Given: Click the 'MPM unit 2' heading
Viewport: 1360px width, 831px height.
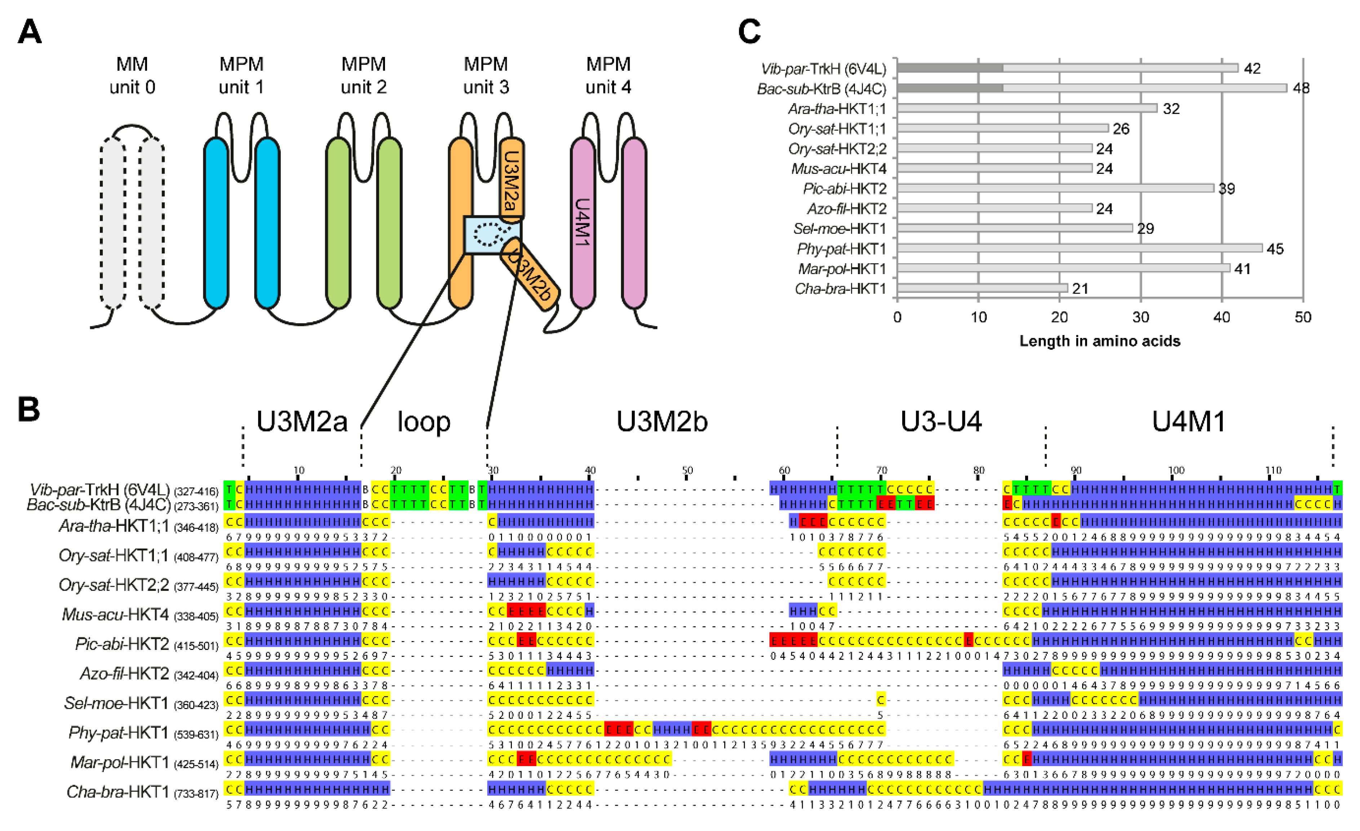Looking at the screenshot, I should click(363, 76).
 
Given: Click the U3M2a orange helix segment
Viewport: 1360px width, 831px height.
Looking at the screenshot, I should click(511, 180).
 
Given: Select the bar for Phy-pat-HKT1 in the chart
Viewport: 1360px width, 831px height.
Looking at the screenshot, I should click(1079, 249).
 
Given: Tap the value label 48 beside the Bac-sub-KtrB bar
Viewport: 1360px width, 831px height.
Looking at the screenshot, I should click(1301, 88).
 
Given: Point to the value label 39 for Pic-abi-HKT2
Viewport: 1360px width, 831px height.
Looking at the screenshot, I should click(1226, 189).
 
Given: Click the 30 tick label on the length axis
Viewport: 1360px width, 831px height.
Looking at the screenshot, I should click(1140, 317).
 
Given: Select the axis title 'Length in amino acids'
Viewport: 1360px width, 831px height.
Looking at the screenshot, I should click(1099, 341).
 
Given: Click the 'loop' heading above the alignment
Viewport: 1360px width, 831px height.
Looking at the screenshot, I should click(424, 422).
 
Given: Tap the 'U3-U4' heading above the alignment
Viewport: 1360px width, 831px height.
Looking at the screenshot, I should click(941, 422).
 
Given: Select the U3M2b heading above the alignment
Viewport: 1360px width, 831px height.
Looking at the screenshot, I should click(662, 422).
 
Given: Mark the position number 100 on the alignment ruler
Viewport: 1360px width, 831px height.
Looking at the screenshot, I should click(1176, 470).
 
